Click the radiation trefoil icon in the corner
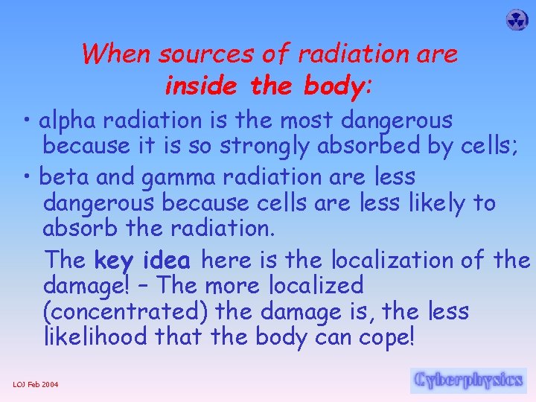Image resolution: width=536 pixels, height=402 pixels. pyautogui.click(x=516, y=20)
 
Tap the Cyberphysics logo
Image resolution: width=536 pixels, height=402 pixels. pyautogui.click(x=468, y=380)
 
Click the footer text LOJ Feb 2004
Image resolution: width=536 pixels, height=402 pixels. pyautogui.click(x=36, y=384)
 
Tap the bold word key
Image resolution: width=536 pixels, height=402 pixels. pyautogui.click(x=115, y=261)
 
